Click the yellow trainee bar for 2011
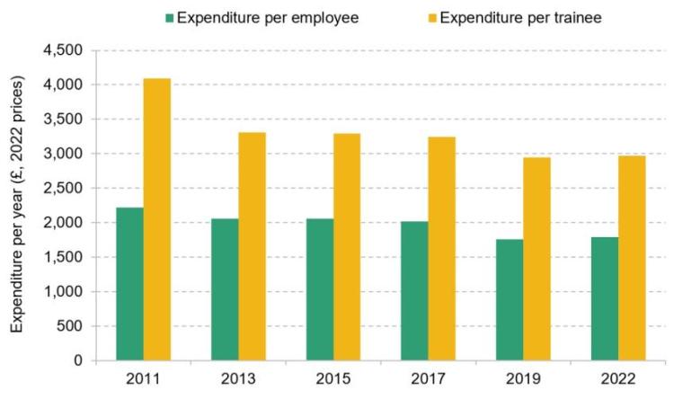(157, 219)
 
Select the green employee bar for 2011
(129, 284)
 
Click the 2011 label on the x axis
(144, 381)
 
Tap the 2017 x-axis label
(429, 381)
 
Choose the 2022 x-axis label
(618, 381)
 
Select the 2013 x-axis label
(238, 381)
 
